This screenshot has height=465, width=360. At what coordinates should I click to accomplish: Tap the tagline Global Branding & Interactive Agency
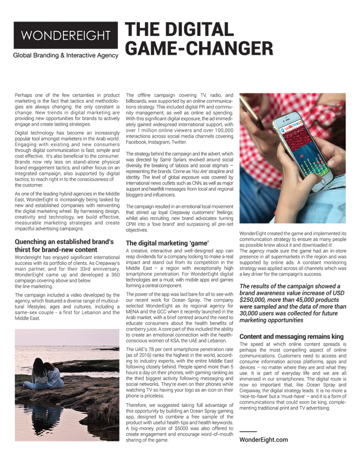(65, 55)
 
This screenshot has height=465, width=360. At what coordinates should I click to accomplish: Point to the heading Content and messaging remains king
(291, 336)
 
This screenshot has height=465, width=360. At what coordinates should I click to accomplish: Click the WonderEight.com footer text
(263, 440)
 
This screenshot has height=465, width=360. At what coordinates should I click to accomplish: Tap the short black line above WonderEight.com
(248, 431)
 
